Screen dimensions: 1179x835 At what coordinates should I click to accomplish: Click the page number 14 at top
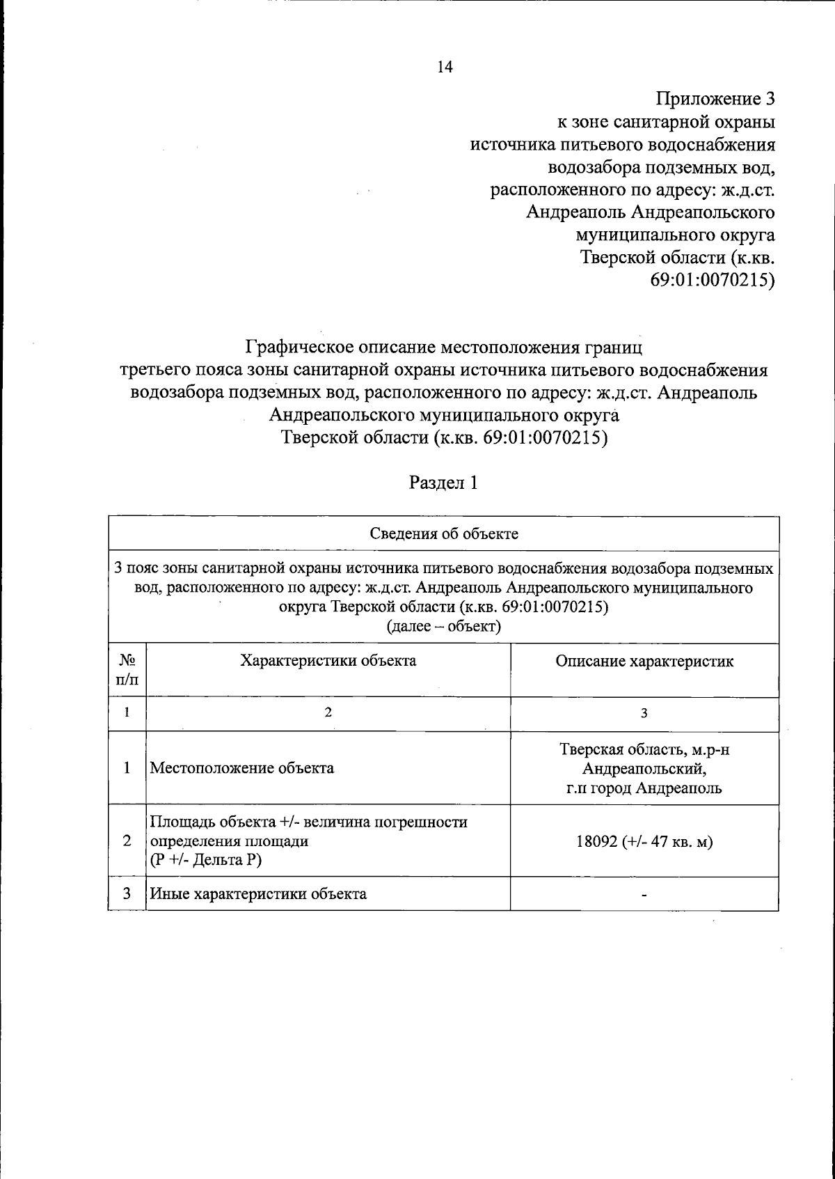444,67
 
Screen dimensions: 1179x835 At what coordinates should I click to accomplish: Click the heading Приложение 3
715,98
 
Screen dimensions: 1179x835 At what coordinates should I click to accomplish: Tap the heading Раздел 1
443,483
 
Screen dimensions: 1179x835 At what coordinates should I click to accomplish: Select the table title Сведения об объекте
443,534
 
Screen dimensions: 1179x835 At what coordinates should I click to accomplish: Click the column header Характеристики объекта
328,660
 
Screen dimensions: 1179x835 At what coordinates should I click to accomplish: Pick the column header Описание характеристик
644,661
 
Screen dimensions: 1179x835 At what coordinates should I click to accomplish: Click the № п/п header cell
127,669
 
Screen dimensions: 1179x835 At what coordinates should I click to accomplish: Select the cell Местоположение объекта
242,768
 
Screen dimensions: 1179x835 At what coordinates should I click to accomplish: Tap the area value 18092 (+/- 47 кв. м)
644,841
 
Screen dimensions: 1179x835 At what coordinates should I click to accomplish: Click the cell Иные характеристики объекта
258,893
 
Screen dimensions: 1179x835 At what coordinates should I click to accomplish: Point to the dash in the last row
644,895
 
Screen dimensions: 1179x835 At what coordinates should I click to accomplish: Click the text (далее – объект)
443,626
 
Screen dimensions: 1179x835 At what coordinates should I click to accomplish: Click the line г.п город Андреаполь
644,788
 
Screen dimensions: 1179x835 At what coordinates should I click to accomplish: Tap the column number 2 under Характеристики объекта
328,713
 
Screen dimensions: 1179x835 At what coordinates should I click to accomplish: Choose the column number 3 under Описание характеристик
644,713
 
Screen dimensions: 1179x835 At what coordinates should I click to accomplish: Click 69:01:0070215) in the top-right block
712,281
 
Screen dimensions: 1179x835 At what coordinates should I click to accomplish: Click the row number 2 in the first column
127,841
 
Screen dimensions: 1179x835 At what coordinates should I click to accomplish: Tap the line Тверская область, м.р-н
644,749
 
